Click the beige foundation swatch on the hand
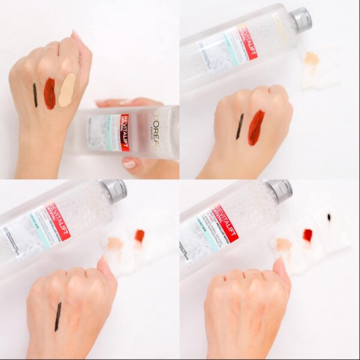point(67,90)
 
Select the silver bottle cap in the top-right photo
point(301,19)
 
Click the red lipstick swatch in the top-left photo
point(49,94)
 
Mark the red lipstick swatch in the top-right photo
point(256,127)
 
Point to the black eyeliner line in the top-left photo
point(35,95)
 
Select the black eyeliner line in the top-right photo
point(240,126)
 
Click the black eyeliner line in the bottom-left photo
point(58,316)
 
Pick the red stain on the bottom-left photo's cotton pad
point(139,236)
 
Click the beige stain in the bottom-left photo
point(114,244)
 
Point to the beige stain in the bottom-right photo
point(283,244)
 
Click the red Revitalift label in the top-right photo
point(247,41)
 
